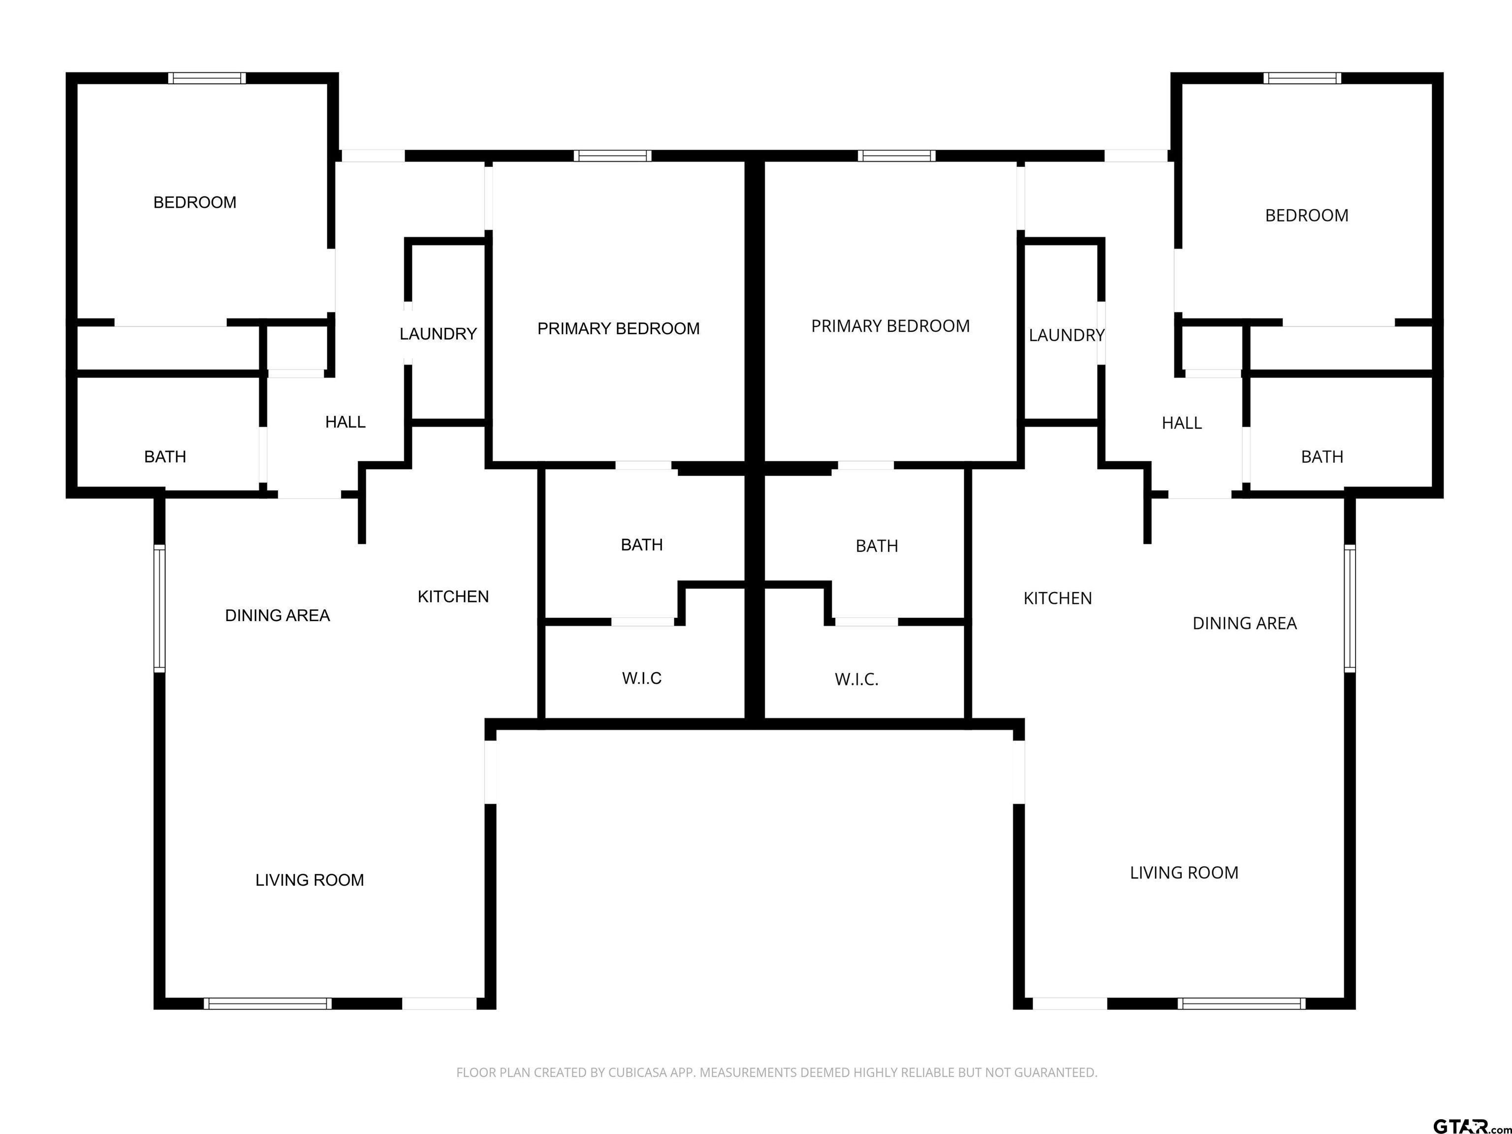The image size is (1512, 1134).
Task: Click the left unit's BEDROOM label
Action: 195,202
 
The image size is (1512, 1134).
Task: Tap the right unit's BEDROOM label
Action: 1306,215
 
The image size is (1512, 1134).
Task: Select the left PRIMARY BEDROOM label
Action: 619,329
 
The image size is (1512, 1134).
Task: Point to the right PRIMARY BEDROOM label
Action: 890,326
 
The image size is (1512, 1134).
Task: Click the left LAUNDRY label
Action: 438,334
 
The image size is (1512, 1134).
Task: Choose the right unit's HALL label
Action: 1182,423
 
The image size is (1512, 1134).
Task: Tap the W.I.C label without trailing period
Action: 642,678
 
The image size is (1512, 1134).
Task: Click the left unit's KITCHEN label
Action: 453,597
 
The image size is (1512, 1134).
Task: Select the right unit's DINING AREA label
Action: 1245,624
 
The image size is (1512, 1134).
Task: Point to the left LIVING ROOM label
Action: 310,880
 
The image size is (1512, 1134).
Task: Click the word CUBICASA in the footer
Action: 631,1072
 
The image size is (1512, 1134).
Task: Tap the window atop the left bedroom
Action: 207,78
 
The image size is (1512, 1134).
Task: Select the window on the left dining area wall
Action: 159,608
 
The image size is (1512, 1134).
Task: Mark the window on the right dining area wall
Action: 1350,608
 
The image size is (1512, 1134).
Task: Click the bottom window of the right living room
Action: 1242,1004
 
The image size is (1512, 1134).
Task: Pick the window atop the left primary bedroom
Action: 612,156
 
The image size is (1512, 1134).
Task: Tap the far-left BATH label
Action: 165,457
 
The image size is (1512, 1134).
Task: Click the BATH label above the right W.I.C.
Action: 877,546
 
